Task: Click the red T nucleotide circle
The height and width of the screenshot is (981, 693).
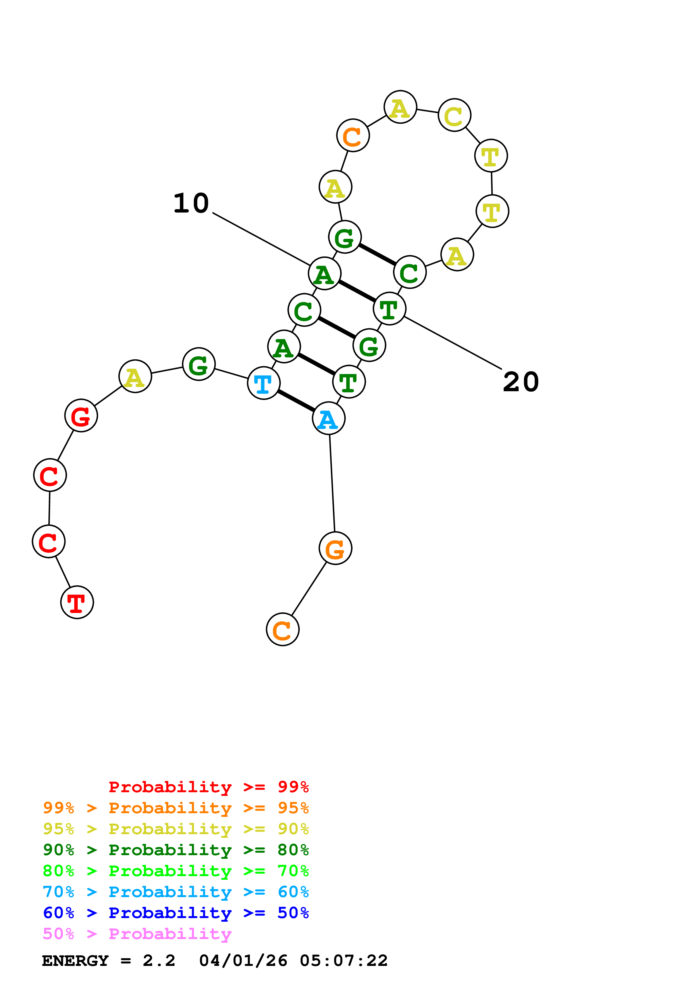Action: (x=77, y=602)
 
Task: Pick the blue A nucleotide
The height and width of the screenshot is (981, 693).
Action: (x=328, y=418)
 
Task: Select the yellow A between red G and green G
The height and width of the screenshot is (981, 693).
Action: (x=135, y=376)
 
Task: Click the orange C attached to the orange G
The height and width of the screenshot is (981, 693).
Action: (x=282, y=629)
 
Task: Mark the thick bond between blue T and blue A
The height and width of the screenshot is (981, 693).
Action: (x=296, y=401)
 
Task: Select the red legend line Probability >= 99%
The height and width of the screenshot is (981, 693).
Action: (x=208, y=787)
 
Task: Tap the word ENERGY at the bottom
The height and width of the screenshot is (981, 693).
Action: (x=75, y=961)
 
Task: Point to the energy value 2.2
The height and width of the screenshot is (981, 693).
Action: (x=159, y=961)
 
